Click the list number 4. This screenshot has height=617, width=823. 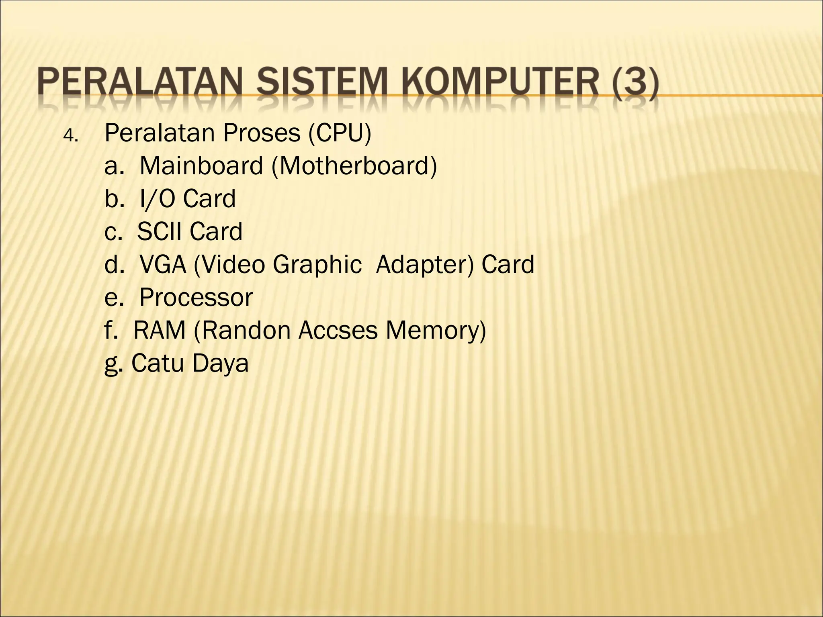point(71,137)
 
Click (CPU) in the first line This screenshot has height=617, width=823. point(340,133)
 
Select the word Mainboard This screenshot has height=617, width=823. point(201,166)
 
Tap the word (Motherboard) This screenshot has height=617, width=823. point(354,166)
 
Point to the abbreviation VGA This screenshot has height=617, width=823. point(163,265)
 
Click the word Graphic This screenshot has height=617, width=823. point(317,265)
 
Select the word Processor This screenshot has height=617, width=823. point(196,298)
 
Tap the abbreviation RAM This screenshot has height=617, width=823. point(160,331)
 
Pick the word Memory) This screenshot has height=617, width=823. point(436,331)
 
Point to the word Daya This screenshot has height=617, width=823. point(220,364)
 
